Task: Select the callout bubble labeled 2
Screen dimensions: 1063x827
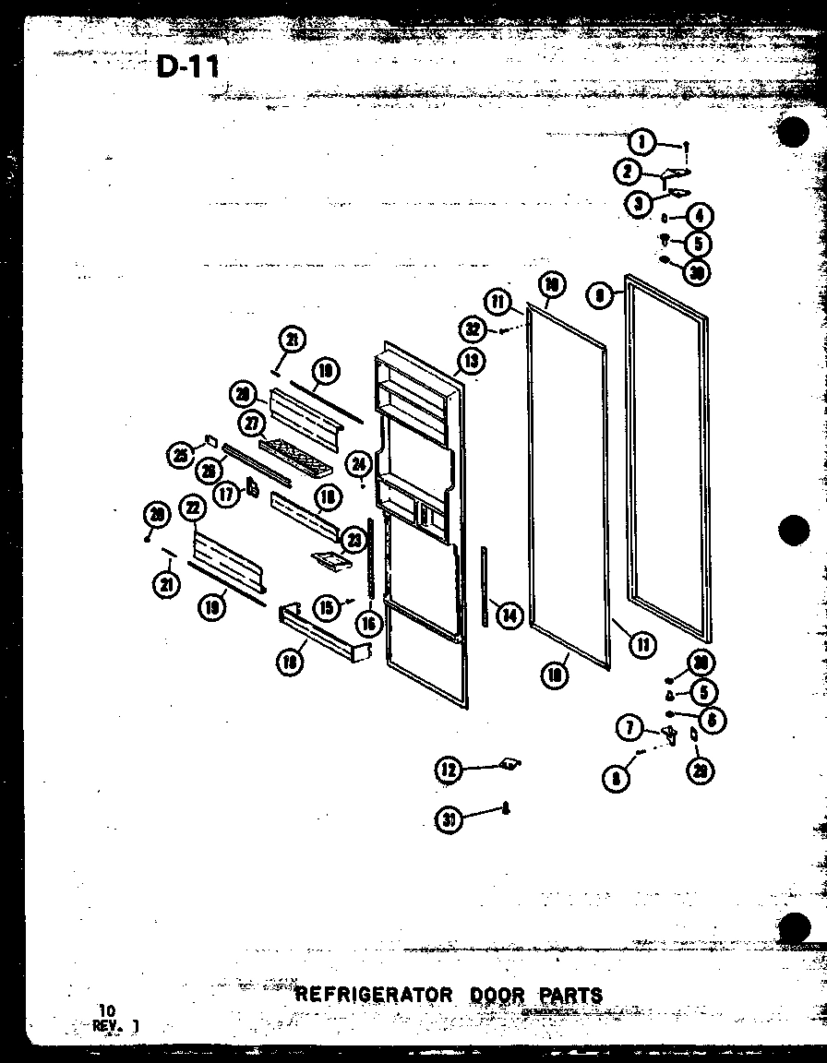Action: click(x=628, y=172)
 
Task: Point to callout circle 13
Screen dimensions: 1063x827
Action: click(x=471, y=361)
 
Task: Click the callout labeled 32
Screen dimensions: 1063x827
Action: click(x=474, y=328)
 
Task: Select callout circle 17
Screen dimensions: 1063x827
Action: click(x=226, y=494)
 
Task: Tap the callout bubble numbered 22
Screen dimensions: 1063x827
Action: click(x=192, y=508)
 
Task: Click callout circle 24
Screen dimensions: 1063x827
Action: click(x=359, y=464)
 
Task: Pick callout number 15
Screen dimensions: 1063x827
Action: click(x=324, y=607)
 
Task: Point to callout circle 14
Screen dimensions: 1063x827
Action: click(x=508, y=614)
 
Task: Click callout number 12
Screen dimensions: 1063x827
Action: click(x=449, y=770)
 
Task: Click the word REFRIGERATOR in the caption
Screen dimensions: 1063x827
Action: click(x=374, y=995)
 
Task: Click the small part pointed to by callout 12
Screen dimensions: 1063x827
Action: click(x=508, y=763)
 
